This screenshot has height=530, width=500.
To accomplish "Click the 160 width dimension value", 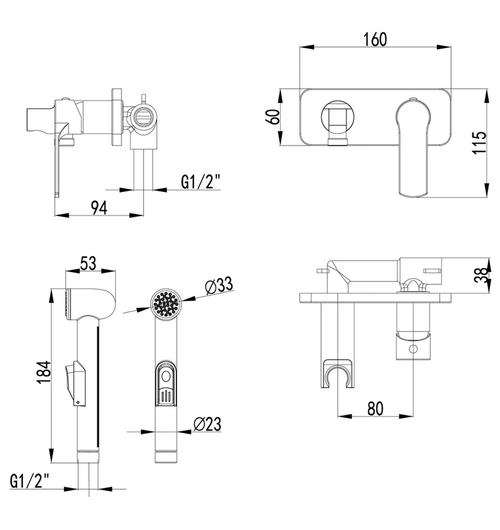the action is [x=375, y=39].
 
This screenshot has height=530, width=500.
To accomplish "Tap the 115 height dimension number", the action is [x=479, y=143].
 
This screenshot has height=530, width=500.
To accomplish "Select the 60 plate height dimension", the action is [x=275, y=117].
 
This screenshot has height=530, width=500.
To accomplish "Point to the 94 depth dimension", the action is [x=99, y=207].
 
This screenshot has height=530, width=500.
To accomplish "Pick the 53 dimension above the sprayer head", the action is [x=88, y=263].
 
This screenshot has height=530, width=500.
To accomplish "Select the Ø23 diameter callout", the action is [x=207, y=424].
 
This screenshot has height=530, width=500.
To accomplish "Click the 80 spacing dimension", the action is [x=375, y=408].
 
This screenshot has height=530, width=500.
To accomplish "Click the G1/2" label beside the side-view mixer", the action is [x=200, y=182].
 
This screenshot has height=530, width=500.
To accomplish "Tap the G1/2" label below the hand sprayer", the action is [x=30, y=481].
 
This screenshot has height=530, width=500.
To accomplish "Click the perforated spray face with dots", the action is [x=165, y=303].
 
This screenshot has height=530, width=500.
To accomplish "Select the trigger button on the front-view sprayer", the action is [x=165, y=383].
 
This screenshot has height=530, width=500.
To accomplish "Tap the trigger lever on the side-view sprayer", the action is [x=76, y=383].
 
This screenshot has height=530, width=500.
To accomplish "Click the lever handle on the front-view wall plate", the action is [x=414, y=148].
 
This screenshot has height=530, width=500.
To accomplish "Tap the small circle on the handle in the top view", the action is [x=413, y=349].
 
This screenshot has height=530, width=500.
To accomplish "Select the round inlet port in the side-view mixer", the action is [x=144, y=117].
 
